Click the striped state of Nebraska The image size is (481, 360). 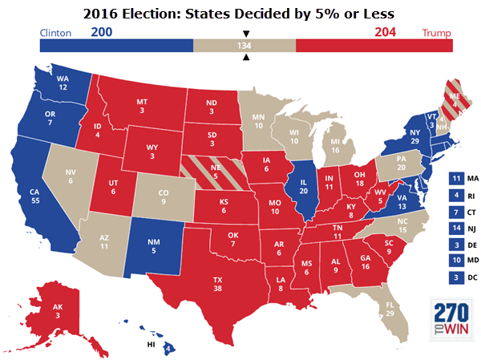[210, 171]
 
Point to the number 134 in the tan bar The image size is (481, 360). [245, 46]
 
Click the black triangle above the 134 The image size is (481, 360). [245, 34]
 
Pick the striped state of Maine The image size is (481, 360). [433, 100]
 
